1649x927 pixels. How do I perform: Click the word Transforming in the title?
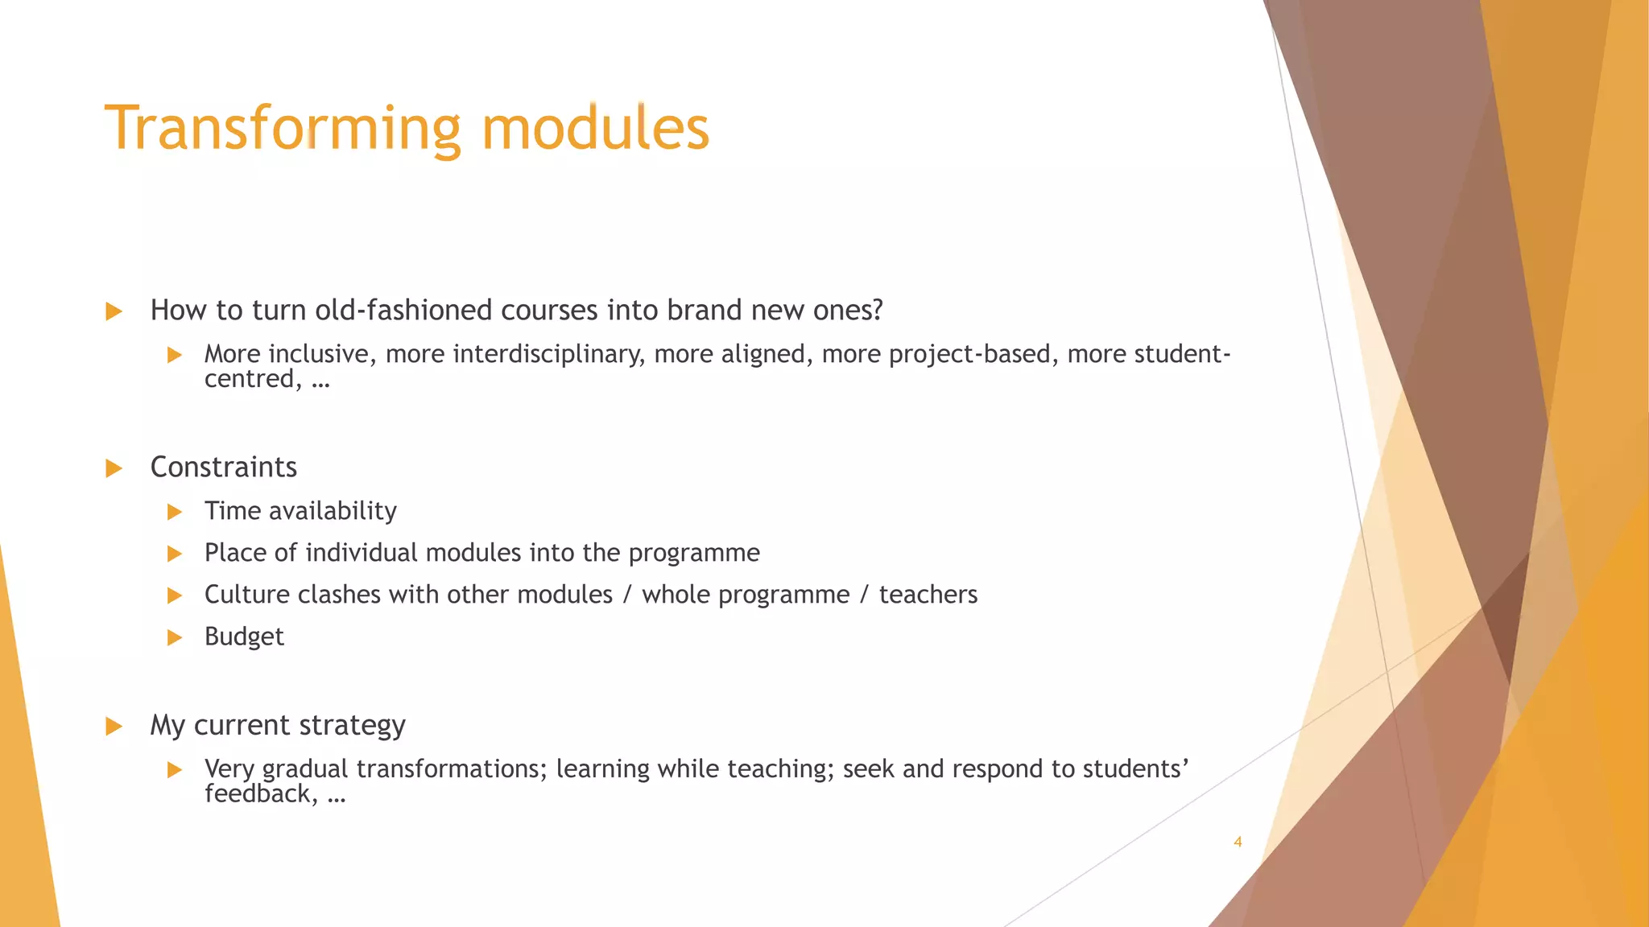282,129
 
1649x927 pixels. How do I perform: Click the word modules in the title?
595,129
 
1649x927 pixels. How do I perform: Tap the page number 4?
1238,842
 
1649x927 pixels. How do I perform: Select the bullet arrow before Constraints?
114,468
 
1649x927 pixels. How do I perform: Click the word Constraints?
223,468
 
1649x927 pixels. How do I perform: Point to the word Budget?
244,637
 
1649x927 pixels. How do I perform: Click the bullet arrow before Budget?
175,637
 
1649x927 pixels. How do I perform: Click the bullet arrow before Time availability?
175,512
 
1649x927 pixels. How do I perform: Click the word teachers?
928,595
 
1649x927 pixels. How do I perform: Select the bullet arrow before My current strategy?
114,727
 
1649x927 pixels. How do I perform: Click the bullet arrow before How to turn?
114,311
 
